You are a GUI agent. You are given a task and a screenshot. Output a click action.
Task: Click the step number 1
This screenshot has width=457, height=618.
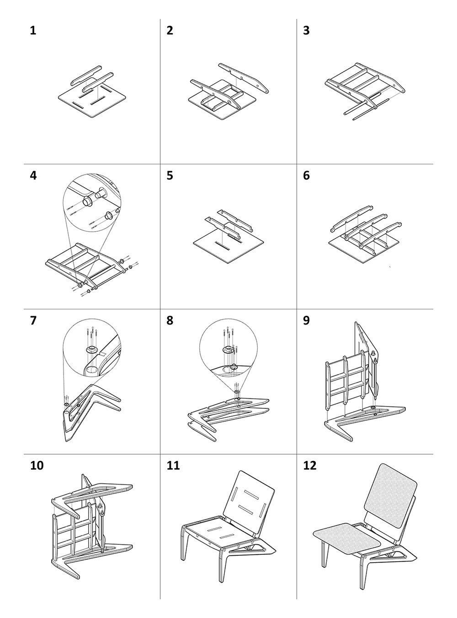pyautogui.click(x=32, y=31)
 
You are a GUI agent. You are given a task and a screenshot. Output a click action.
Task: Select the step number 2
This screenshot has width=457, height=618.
pyautogui.click(x=170, y=31)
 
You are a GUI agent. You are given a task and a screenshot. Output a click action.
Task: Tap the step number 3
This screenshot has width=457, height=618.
pyautogui.click(x=306, y=31)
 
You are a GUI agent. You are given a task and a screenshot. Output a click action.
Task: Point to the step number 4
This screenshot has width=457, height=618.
pyautogui.click(x=32, y=176)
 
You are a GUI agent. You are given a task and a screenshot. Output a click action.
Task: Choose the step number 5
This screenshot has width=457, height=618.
pyautogui.click(x=170, y=176)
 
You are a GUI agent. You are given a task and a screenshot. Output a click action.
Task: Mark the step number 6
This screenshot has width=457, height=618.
pyautogui.click(x=306, y=176)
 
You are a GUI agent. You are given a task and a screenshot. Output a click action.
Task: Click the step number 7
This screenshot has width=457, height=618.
pyautogui.click(x=32, y=320)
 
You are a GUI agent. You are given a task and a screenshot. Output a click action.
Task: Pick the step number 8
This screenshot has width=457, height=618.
pyautogui.click(x=170, y=320)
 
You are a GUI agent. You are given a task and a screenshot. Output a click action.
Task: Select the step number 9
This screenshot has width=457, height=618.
pyautogui.click(x=306, y=320)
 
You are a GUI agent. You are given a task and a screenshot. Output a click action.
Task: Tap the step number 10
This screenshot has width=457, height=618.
pyautogui.click(x=37, y=466)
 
